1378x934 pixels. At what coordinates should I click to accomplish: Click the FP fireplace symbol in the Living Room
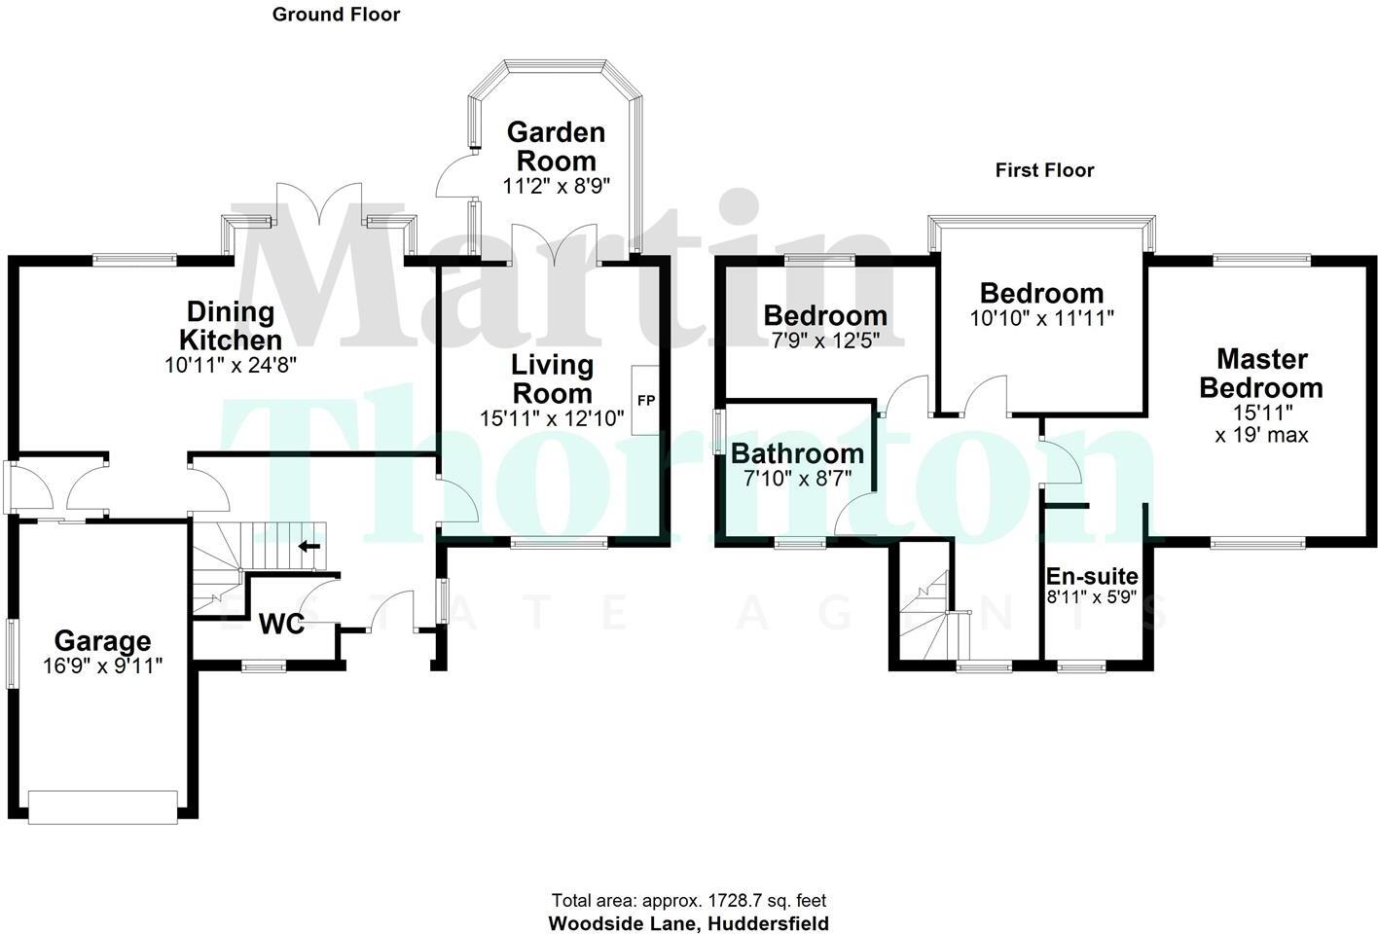pos(645,400)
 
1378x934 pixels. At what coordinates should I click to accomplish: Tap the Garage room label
pos(102,641)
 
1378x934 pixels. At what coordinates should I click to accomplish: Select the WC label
pos(282,624)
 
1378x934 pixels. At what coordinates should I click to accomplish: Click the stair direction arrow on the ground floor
pos(309,547)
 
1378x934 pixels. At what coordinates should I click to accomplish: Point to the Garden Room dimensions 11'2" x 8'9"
pos(556,186)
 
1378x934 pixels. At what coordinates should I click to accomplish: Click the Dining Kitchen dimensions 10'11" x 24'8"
pos(231,366)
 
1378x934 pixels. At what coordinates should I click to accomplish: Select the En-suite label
pos(1091,576)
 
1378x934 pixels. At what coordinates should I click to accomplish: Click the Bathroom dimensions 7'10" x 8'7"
pos(797,479)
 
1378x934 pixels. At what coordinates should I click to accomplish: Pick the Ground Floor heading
pos(336,14)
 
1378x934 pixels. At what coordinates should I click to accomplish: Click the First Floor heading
pos(1044,170)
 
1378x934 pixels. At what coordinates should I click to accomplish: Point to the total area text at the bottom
pos(689,901)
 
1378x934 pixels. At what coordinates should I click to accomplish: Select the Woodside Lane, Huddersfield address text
pos(689,923)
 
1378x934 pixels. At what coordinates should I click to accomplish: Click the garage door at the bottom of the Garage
pos(103,807)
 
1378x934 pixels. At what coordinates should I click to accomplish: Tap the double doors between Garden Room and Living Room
pos(555,245)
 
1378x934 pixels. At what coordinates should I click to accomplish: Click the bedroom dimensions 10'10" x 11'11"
pos(1041,318)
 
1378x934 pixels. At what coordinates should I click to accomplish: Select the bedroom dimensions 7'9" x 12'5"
pos(824,341)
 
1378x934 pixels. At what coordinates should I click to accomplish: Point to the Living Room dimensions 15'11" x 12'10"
pos(552,419)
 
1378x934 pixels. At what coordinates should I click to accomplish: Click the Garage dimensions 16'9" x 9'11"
pos(102,665)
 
